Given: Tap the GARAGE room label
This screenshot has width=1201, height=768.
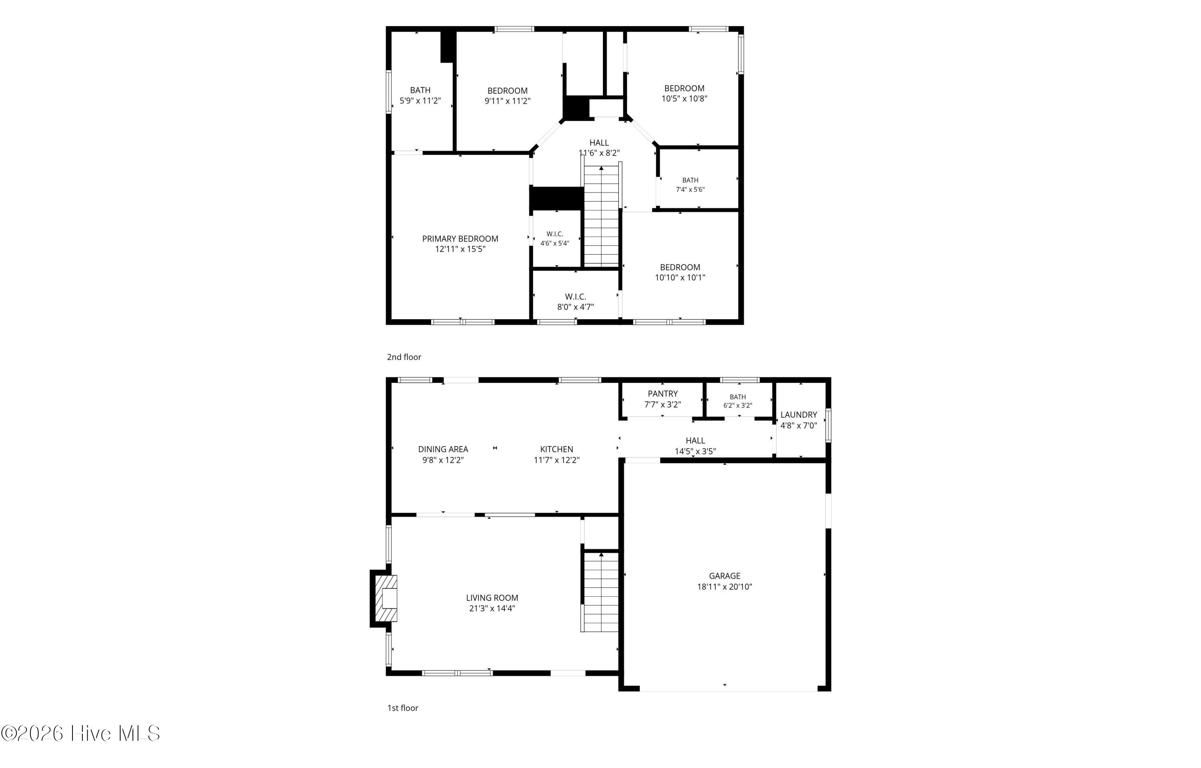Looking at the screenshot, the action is (x=725, y=576).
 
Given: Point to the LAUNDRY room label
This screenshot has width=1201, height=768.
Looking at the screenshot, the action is (x=799, y=415).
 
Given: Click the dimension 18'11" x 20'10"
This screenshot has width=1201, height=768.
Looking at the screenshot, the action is (x=725, y=587).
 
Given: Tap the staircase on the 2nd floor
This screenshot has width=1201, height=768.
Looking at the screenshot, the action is (x=601, y=215).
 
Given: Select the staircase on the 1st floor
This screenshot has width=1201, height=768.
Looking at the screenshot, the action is (x=601, y=592).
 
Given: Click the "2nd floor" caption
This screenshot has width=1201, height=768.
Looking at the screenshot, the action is (x=404, y=357).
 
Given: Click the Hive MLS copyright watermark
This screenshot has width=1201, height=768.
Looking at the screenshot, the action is (x=80, y=733).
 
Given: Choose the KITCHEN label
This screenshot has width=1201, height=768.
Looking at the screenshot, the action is (x=556, y=449).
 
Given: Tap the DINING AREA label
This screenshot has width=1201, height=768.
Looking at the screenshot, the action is (x=443, y=449).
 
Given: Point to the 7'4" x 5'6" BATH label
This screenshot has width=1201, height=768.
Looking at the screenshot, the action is (x=690, y=185).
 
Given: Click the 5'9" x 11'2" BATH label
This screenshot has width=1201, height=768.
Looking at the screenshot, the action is (x=420, y=95).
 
